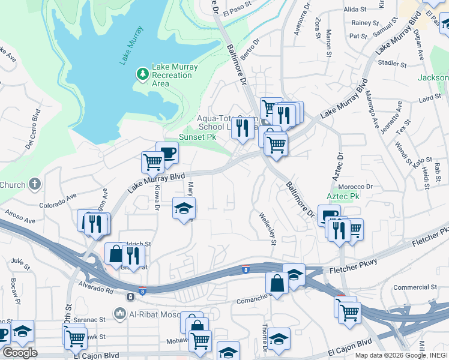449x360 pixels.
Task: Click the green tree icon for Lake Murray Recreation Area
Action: (x=142, y=74)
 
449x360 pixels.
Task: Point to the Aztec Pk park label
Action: (x=342, y=196)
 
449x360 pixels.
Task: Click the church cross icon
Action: (x=35, y=184)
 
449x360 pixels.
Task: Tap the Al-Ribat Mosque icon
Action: (x=120, y=313)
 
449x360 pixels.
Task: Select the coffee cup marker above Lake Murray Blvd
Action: (x=167, y=152)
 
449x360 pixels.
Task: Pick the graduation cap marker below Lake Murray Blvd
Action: (x=184, y=208)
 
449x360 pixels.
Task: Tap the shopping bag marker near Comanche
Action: (x=277, y=284)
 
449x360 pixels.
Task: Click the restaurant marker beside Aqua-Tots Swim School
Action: (x=243, y=127)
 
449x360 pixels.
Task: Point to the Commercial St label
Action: (x=427, y=287)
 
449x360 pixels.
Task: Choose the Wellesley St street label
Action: (x=267, y=229)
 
